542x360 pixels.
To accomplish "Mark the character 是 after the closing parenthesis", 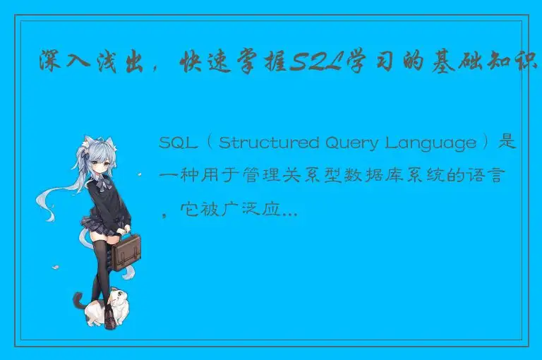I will pos(507,143).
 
